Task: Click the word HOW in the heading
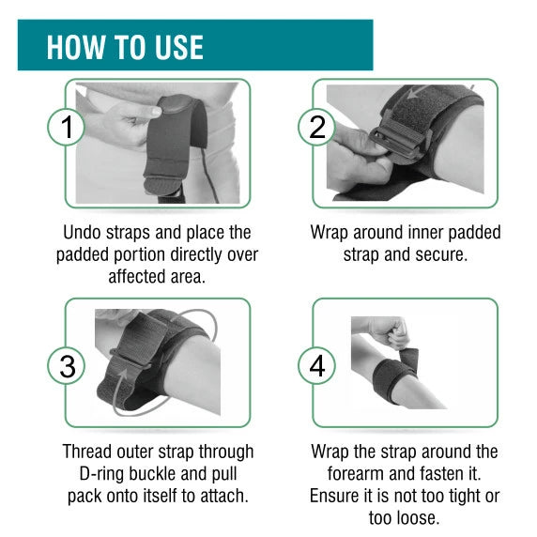(x=77, y=47)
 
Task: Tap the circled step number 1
(x=66, y=127)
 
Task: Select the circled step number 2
(x=316, y=127)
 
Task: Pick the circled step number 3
(x=66, y=366)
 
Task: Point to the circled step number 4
(x=316, y=366)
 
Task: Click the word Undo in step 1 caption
(x=83, y=232)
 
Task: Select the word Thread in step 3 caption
(x=87, y=452)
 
